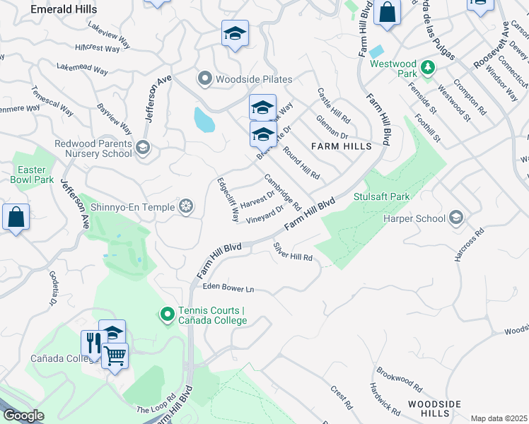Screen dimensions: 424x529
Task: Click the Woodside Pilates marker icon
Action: pos(205,78)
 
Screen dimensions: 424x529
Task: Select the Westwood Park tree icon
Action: pos(427,69)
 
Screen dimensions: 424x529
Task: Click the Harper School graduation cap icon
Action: pos(456,218)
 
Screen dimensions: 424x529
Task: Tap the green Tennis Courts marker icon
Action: pos(167,314)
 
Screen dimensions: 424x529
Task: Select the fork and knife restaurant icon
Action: pos(93,343)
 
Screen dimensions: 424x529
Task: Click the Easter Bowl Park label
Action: pos(32,175)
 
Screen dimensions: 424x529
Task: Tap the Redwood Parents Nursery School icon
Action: pos(142,147)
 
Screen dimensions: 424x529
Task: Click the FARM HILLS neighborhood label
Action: pos(341,146)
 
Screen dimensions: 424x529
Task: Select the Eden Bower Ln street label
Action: pos(228,288)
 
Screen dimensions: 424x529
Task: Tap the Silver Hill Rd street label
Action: pos(293,252)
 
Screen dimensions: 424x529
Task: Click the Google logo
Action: pos(23,416)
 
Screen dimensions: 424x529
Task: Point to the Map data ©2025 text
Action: pos(499,418)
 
